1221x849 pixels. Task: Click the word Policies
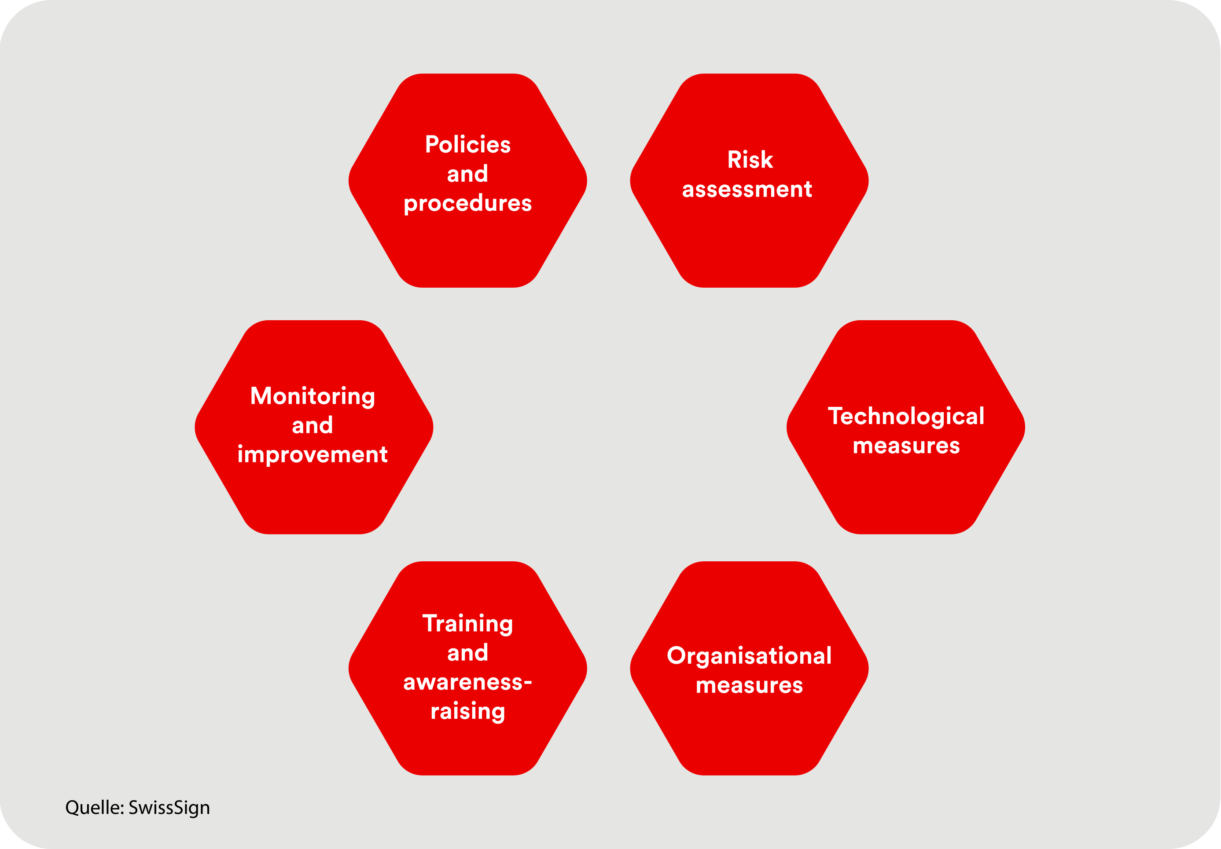467,145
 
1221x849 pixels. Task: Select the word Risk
750,160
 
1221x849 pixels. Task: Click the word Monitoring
313,397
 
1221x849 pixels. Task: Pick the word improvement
313,455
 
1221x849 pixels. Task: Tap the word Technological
906,417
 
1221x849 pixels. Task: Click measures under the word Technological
906,446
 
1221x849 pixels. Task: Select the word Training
467,624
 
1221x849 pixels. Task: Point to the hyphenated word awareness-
467,682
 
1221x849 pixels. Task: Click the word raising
467,712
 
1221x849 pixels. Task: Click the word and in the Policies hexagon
467,174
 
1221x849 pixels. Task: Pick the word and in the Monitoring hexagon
313,425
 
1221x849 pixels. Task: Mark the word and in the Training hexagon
467,653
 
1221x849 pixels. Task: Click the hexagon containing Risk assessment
749,181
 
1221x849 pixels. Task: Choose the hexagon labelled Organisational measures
749,668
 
